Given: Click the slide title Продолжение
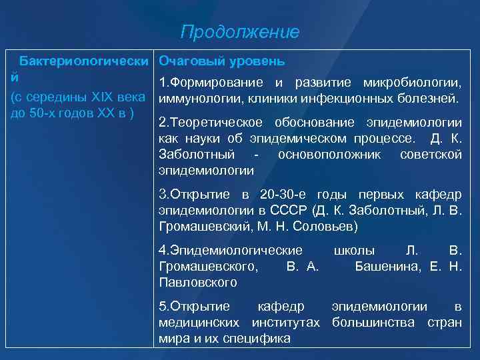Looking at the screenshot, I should (240, 32).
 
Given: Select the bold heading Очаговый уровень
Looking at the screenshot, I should (222, 61).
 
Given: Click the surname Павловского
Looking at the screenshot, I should (197, 283).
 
